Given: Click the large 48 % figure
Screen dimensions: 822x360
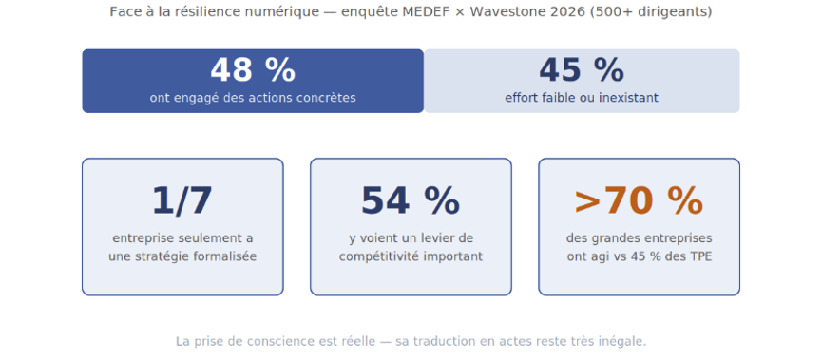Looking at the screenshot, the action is pyautogui.click(x=253, y=70).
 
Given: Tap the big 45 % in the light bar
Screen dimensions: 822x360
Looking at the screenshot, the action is pyautogui.click(x=582, y=70).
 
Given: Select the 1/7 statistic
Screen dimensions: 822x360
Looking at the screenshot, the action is pyautogui.click(x=182, y=201).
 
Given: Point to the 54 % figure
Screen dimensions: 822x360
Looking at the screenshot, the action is pyautogui.click(x=411, y=201).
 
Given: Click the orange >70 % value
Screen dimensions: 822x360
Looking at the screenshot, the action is pyautogui.click(x=639, y=201).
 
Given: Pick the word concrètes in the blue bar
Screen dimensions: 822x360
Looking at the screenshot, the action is pyautogui.click(x=328, y=98).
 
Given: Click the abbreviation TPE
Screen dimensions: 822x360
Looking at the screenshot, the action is pyautogui.click(x=701, y=257).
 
